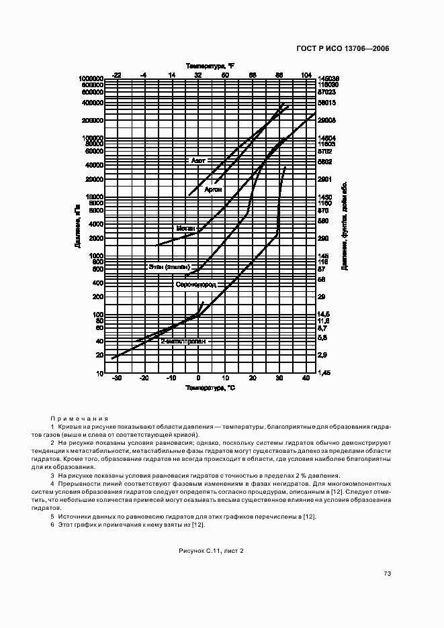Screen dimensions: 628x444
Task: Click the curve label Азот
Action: click(x=198, y=161)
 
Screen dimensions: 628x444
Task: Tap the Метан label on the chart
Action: click(x=185, y=228)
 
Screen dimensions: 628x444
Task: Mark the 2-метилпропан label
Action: click(x=178, y=341)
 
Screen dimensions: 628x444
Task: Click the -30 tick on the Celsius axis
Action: click(x=116, y=379)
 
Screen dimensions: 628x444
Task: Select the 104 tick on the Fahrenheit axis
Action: click(x=306, y=74)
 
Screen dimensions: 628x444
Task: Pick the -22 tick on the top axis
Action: click(x=116, y=74)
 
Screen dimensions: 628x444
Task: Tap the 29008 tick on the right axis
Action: click(x=326, y=120)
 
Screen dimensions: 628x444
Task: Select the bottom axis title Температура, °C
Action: click(x=211, y=388)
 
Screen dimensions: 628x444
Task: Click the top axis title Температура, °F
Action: click(x=210, y=66)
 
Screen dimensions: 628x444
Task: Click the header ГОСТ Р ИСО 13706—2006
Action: click(x=343, y=48)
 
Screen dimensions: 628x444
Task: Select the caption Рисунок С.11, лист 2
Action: click(x=211, y=551)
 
